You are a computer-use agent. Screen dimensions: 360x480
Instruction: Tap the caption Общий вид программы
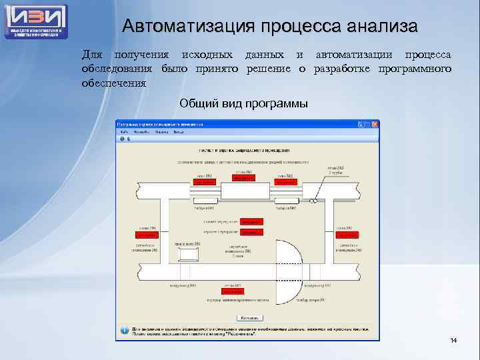(243, 104)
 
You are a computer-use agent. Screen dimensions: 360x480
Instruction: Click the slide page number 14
(453, 341)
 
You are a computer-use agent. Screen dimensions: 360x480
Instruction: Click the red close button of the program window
(375, 124)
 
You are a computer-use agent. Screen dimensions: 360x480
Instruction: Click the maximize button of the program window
(367, 124)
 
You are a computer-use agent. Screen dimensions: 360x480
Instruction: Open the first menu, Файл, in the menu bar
(123, 132)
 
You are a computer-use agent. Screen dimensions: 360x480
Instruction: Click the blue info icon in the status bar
(123, 331)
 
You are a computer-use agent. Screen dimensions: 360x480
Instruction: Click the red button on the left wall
(147, 235)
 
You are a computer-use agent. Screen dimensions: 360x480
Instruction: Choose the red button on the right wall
(346, 235)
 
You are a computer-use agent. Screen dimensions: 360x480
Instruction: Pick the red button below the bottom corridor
(233, 291)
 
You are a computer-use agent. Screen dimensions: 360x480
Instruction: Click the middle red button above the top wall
(243, 178)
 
